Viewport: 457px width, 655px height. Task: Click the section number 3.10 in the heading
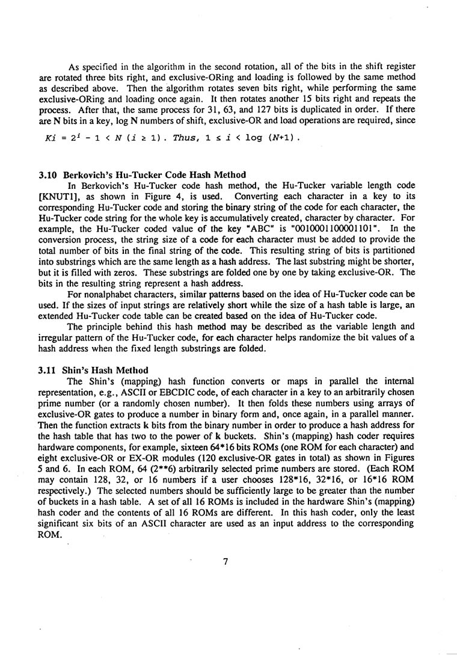[x=48, y=176]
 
